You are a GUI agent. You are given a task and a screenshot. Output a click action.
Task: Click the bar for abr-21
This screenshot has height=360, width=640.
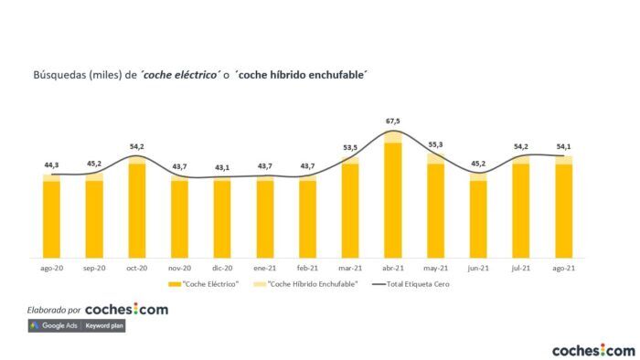[x=393, y=196]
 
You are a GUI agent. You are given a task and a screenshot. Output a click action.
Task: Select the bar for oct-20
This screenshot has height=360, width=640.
[x=137, y=207]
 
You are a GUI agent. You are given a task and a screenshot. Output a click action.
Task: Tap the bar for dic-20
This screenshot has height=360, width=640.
[x=222, y=217]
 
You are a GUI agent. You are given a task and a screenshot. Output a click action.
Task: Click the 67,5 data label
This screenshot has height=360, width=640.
[x=393, y=120]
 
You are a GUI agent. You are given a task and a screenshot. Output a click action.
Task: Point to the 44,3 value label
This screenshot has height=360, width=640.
[x=51, y=164]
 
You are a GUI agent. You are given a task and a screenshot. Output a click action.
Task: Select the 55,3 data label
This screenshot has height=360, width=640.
[x=436, y=144]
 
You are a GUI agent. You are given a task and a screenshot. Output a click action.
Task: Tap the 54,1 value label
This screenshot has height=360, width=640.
[x=563, y=146]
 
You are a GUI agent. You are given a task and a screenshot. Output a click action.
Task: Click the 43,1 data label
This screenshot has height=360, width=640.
[x=222, y=167]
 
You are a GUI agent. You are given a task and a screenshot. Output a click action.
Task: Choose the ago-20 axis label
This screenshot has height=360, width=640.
[x=51, y=268]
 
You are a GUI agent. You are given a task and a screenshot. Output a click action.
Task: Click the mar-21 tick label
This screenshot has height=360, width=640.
[x=350, y=268]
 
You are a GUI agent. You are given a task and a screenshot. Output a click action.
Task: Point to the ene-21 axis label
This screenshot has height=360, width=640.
[x=265, y=268]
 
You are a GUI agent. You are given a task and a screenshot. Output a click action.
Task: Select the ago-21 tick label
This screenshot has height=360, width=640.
[x=563, y=268]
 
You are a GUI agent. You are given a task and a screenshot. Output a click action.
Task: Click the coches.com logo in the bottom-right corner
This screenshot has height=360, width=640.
[x=592, y=349]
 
